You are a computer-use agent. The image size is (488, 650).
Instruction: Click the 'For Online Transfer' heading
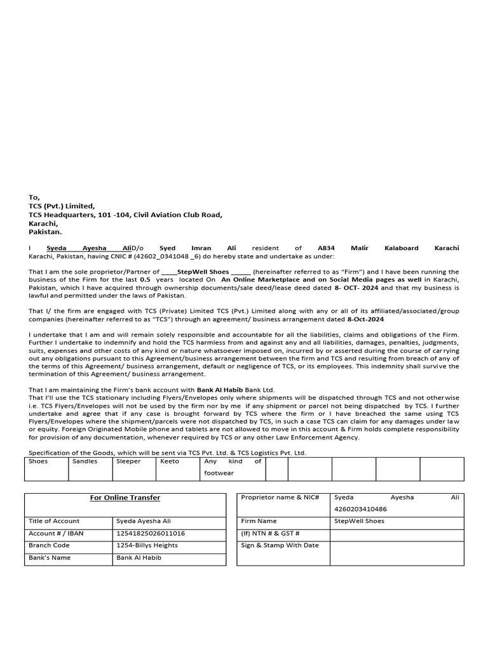coord(125,498)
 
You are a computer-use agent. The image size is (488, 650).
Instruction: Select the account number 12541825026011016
coord(151,533)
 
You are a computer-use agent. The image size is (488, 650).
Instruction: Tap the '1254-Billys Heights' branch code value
coord(147,545)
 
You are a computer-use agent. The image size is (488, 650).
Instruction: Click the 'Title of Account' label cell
coord(54,521)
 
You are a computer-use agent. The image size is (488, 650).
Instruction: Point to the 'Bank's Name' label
coord(50,557)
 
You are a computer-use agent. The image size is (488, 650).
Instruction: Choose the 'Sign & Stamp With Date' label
coord(280,545)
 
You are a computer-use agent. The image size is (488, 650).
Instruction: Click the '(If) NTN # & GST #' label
coord(270,533)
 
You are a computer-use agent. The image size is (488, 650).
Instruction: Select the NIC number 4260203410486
coord(360,509)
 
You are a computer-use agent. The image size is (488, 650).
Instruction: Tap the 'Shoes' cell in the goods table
coord(38,461)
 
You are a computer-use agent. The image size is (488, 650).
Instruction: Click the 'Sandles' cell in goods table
coord(85,461)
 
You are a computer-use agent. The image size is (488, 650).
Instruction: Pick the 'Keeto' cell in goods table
coord(170,461)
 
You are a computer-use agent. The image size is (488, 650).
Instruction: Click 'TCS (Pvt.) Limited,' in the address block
coord(62,206)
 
